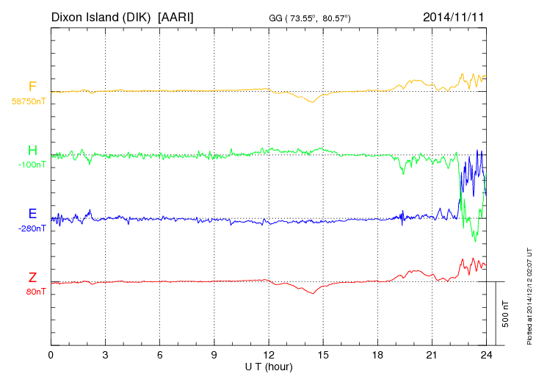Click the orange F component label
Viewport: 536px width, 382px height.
coord(32,87)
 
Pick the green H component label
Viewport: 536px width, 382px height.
coord(32,151)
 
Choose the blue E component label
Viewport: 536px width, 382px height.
coord(32,214)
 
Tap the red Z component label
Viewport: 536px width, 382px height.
coord(32,277)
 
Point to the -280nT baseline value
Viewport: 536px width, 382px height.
coord(32,228)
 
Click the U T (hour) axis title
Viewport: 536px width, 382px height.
coord(269,367)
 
